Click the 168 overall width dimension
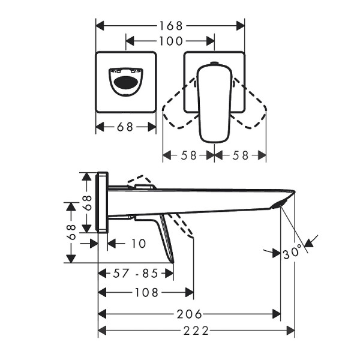(171, 26)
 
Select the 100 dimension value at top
(170, 41)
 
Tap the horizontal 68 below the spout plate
(126, 127)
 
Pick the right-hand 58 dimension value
(240, 155)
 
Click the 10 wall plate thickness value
(138, 243)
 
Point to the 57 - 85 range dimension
(136, 274)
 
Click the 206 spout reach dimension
(190, 314)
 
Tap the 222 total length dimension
(196, 331)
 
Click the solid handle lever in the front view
(214, 102)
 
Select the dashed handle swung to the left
(180, 105)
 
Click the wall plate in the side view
(103, 203)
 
